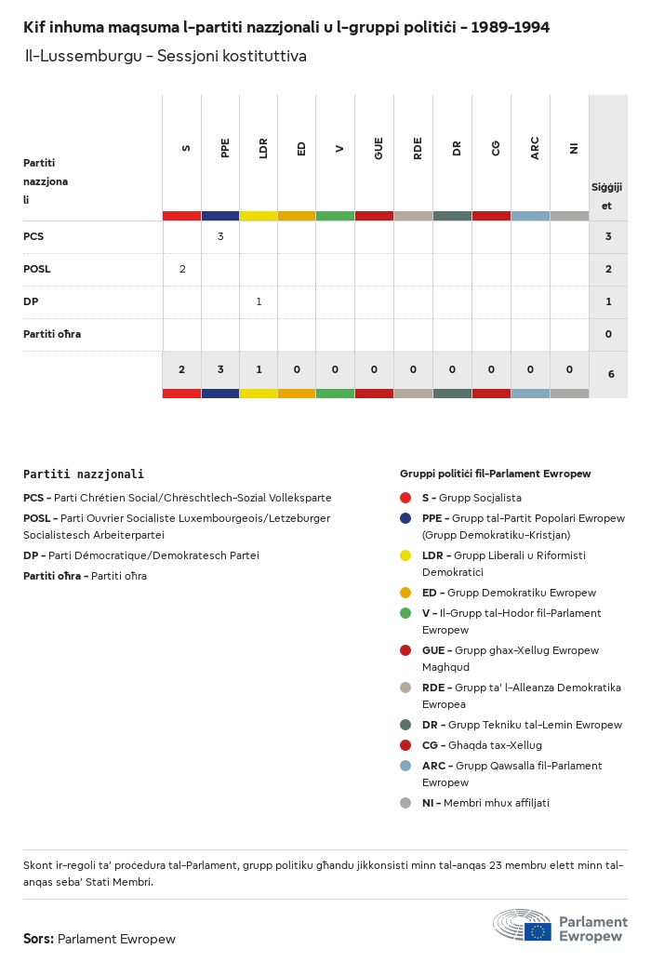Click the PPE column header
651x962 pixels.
coord(225,149)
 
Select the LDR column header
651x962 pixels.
coord(264,149)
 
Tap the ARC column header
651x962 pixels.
coord(535,149)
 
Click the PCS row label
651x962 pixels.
coord(33,236)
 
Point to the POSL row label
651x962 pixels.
coord(37,269)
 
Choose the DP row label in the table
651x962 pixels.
coord(31,301)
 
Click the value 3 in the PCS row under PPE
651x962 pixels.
coord(220,236)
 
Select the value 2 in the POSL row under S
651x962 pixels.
coord(182,269)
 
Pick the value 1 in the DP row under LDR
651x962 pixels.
coord(259,301)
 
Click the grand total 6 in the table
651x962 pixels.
coord(610,374)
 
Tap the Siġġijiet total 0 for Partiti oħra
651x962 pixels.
coord(608,334)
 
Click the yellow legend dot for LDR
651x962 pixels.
coord(405,555)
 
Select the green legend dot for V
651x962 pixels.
coord(405,613)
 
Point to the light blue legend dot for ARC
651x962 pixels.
coord(405,766)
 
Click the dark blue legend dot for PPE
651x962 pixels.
coord(405,518)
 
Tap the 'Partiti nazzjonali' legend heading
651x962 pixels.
coord(84,474)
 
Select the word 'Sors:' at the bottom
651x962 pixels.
coord(38,939)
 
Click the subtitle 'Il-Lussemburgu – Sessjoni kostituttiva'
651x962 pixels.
coord(166,56)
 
